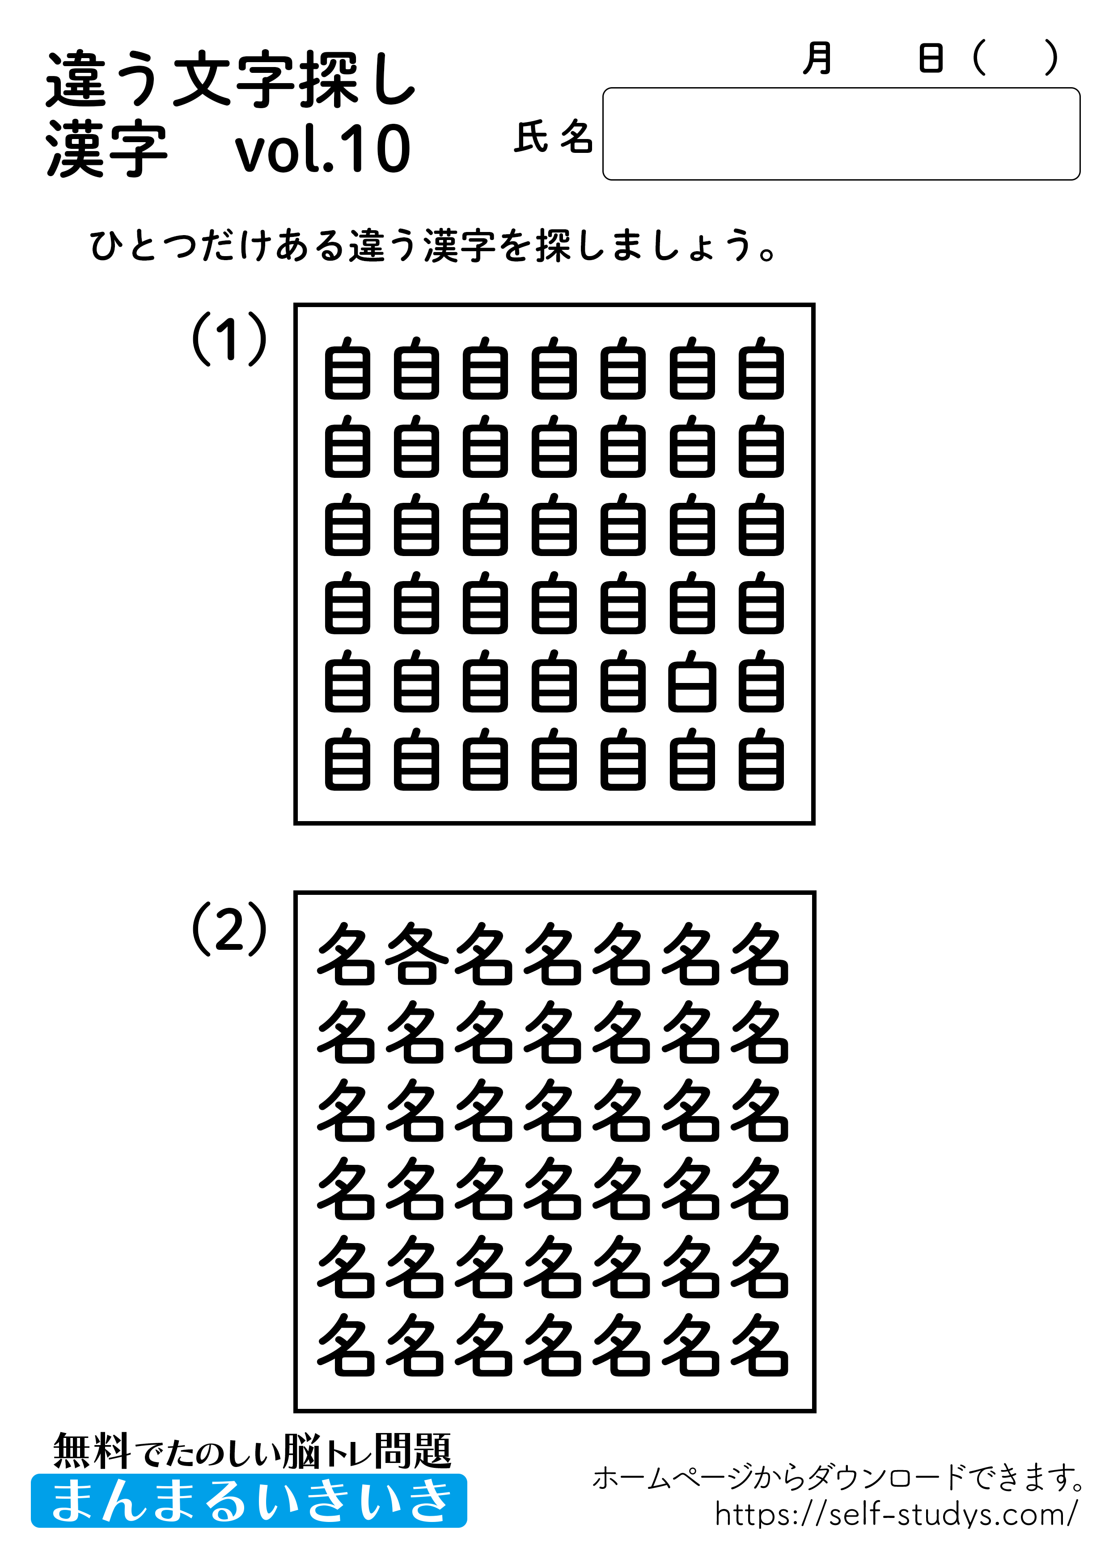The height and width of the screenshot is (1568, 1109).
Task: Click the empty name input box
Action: click(x=840, y=134)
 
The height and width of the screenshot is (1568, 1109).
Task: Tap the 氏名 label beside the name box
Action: click(x=554, y=137)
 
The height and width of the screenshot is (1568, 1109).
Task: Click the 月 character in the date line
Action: click(x=817, y=59)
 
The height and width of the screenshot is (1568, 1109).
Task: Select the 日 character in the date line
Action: click(x=931, y=59)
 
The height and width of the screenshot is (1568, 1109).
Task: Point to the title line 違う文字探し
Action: click(x=231, y=80)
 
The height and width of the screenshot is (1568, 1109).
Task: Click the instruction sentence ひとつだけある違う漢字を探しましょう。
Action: click(x=433, y=246)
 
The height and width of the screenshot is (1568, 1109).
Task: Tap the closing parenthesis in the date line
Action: click(x=1051, y=59)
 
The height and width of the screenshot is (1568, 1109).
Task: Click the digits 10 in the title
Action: click(x=375, y=149)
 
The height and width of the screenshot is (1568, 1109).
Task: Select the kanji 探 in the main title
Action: click(x=328, y=80)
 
